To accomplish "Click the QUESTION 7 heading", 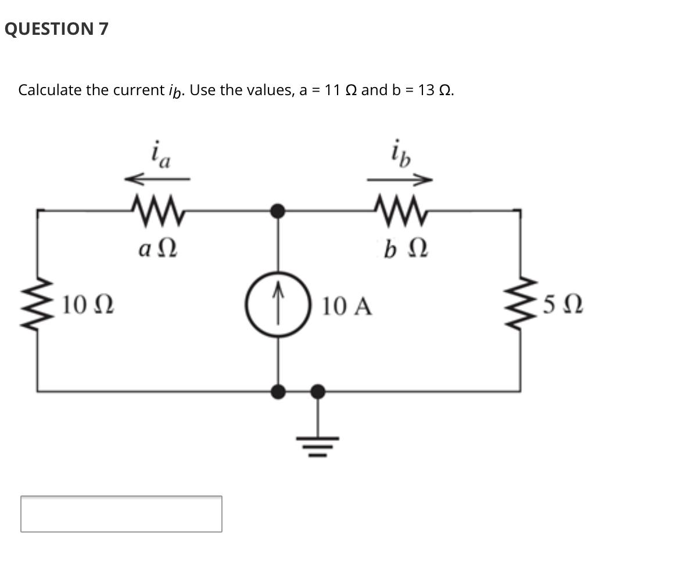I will click(56, 29).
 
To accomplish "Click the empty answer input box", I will click(121, 513).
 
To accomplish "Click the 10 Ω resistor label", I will click(88, 303).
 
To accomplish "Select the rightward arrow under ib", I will click(400, 179).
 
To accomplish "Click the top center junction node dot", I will click(279, 211).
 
